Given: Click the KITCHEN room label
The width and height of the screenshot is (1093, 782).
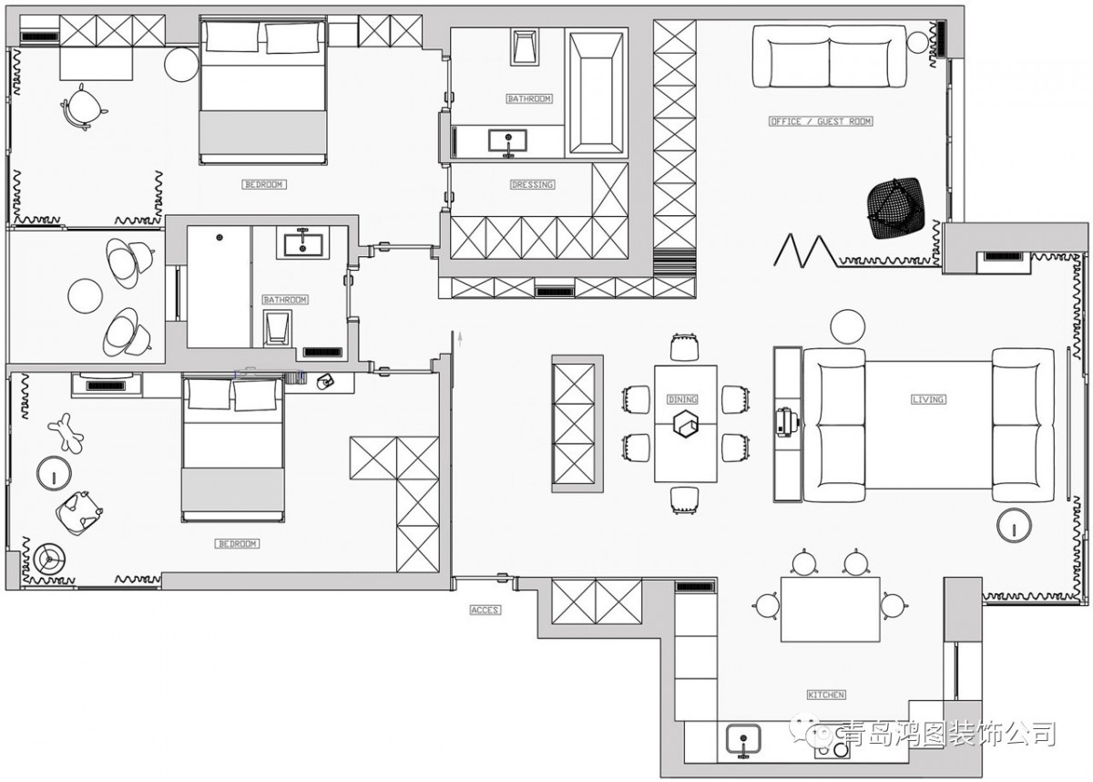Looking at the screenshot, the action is coord(826,695).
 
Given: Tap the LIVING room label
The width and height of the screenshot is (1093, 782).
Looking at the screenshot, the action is coord(928,399).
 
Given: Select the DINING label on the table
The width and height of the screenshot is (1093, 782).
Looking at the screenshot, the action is coord(682,399).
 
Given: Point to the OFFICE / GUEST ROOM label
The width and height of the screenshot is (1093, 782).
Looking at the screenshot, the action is coord(821,121).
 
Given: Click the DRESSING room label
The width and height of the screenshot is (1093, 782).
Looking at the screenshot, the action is coord(532,184).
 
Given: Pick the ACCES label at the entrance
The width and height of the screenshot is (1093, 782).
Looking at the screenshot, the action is coord(485,610).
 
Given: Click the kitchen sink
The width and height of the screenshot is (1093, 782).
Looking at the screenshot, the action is coord(743,740).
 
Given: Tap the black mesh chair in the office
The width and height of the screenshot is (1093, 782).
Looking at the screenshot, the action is coord(896,209).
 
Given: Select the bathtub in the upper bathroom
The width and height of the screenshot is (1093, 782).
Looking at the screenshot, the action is coord(597,93).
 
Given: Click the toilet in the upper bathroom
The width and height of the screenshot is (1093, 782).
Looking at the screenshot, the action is coord(525,46).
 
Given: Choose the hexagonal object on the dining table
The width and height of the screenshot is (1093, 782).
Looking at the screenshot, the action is coord(686,423).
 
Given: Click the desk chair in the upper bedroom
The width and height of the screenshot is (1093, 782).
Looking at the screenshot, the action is coord(83,107).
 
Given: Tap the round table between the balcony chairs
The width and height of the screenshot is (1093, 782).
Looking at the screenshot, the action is coord(86,296).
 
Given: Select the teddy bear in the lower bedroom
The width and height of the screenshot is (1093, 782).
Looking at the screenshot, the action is coord(66,433).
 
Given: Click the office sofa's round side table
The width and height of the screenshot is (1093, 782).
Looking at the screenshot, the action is coord(918,43).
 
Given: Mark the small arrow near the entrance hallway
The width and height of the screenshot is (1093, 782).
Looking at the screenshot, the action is coord(460,339).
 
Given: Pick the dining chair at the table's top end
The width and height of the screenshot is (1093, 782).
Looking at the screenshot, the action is coord(684,347).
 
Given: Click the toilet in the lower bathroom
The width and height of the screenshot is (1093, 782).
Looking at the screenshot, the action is coord(277,328).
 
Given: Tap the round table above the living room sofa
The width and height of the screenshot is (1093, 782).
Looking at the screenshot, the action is coord(848,327).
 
